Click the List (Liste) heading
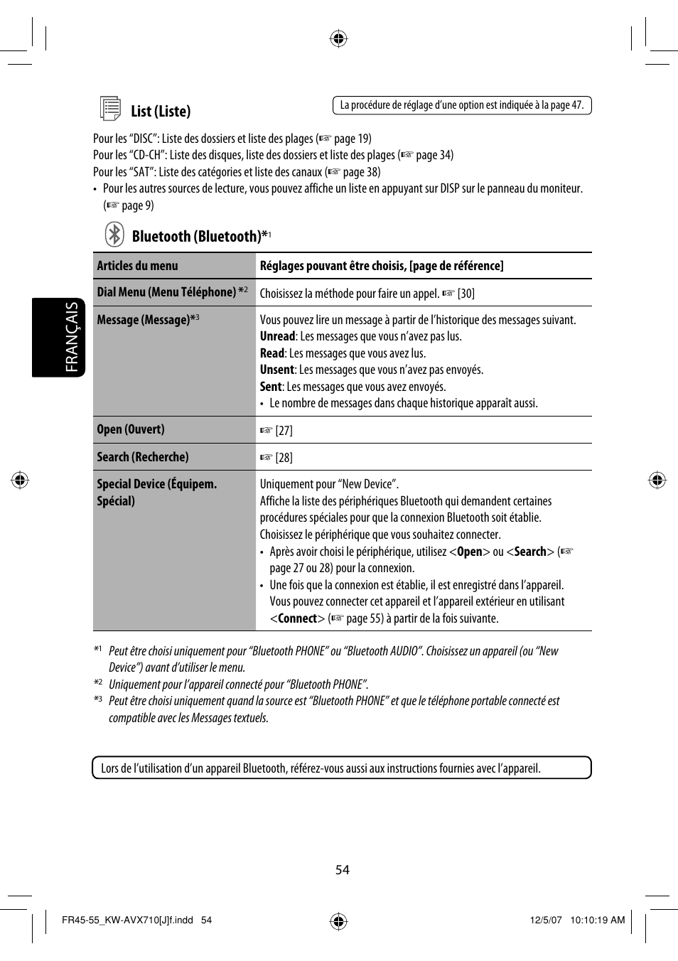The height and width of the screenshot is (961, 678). (161, 111)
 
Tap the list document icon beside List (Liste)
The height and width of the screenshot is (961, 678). (110, 109)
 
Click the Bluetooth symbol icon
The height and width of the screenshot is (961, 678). (114, 235)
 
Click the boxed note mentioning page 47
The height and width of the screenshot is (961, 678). (462, 105)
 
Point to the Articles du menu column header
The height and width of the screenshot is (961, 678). (138, 266)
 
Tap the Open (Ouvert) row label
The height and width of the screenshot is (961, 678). (131, 429)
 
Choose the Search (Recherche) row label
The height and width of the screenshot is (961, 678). (143, 457)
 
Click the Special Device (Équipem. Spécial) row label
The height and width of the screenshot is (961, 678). (156, 492)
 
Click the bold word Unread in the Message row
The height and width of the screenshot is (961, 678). (277, 336)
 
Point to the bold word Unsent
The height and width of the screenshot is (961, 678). (276, 370)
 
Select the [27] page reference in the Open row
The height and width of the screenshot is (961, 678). (284, 431)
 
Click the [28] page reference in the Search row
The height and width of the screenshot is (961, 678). (284, 458)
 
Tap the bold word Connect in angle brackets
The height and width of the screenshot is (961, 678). (297, 618)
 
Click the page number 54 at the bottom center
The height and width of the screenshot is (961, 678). (343, 870)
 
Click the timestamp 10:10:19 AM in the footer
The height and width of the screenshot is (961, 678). (597, 920)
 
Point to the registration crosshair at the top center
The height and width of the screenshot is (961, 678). (339, 38)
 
